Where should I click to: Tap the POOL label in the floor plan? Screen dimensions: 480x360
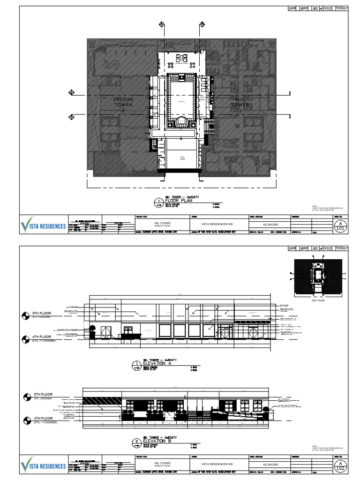[x=182, y=101]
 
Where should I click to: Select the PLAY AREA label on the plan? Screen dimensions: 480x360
[x=182, y=158]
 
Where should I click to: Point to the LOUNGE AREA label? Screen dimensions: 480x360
[x=181, y=63]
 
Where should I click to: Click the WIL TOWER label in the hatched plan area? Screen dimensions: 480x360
[x=240, y=102]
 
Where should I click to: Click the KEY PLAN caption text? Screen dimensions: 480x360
[x=318, y=300]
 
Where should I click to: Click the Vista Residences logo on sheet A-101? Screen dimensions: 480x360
[x=44, y=226]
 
